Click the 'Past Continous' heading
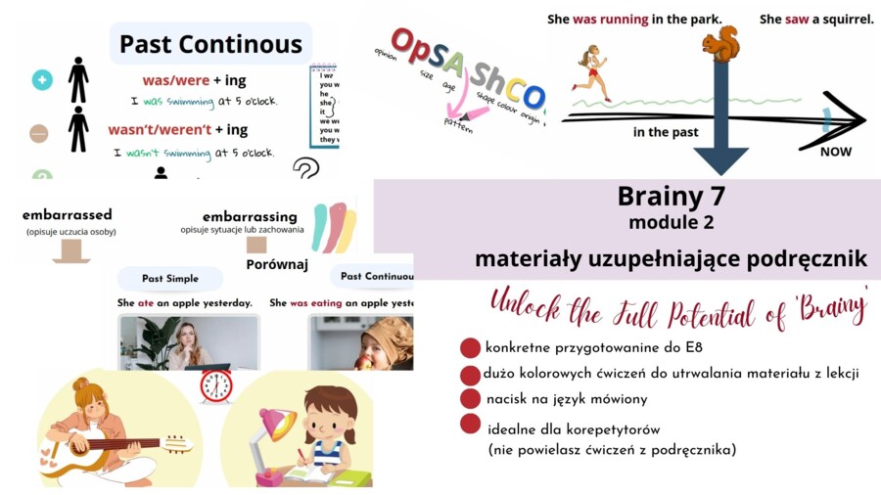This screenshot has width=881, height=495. [210, 44]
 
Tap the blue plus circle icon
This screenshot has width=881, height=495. [42, 80]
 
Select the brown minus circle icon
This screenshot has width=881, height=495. [39, 133]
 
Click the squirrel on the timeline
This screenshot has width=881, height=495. [721, 43]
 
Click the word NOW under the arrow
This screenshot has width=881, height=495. [835, 152]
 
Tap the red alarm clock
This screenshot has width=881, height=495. [215, 385]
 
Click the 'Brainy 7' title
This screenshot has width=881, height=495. [672, 197]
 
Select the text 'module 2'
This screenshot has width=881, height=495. [671, 222]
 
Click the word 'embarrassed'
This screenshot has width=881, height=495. [67, 214]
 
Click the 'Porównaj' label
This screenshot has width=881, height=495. [277, 264]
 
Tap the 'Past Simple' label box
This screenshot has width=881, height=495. [170, 278]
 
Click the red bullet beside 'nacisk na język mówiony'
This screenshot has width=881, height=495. [471, 398]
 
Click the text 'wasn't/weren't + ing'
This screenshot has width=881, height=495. [177, 130]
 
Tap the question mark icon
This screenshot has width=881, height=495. [306, 168]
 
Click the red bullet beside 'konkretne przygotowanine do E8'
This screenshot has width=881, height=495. [471, 347]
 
